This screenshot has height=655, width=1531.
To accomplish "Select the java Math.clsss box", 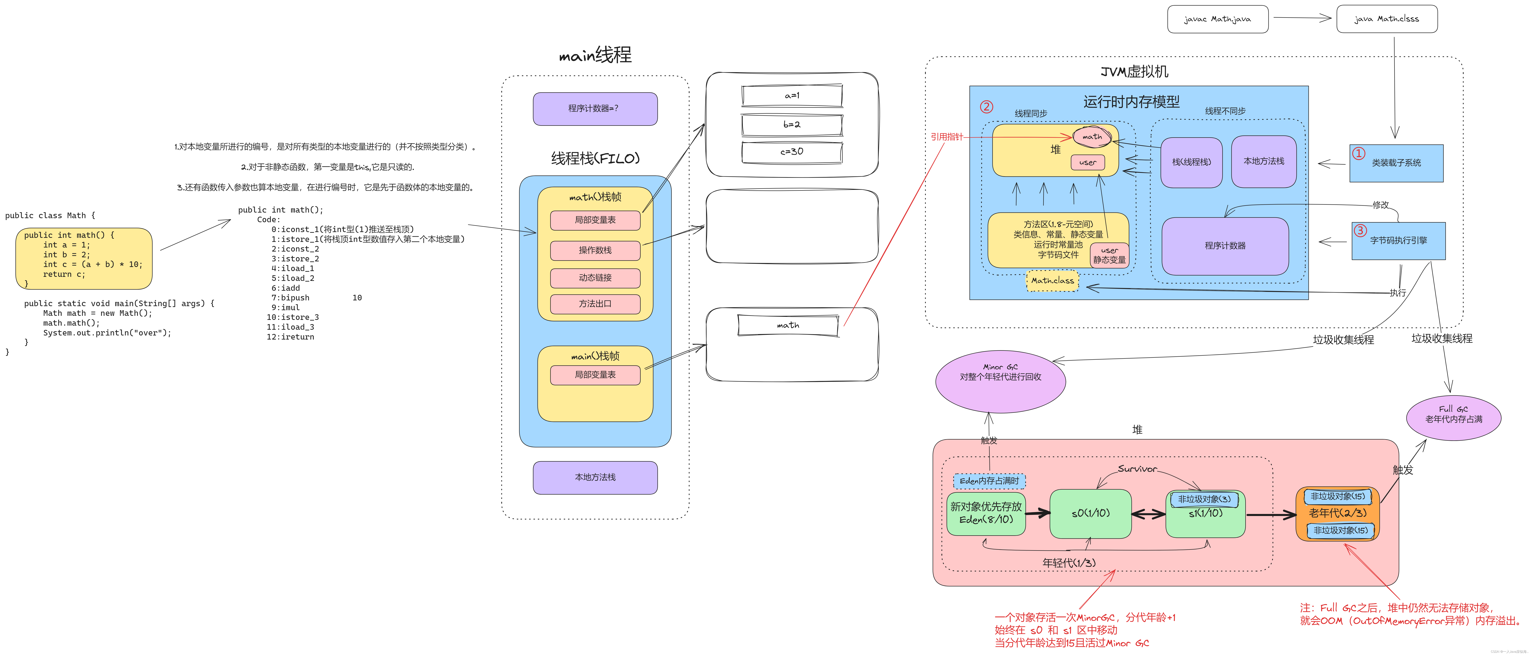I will point(1387,19).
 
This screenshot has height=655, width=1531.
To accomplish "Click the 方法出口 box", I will point(595,304).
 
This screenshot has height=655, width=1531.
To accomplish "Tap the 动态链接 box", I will point(595,277).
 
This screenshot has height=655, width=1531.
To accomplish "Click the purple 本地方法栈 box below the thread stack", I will point(595,477).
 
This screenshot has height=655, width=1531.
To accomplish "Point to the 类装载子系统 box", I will point(1396,163).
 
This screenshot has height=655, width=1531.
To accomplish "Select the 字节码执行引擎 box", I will point(1398,241).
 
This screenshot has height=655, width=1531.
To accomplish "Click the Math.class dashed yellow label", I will point(1053,281).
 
